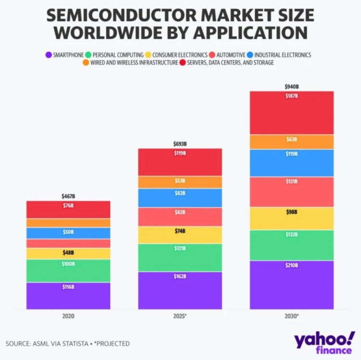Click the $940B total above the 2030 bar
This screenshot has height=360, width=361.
point(291,87)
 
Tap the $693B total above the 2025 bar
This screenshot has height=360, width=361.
point(180,144)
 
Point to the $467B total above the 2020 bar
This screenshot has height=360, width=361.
point(68,197)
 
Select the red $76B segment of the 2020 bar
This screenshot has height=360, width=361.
point(68,210)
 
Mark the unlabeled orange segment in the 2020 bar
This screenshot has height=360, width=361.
point(68,223)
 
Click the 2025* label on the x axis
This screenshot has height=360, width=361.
point(180,317)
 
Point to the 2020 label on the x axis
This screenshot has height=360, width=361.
point(68,317)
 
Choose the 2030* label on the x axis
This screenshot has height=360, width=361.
point(291,317)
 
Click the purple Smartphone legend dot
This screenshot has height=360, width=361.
point(48,55)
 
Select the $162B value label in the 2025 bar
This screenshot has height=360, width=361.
point(180,276)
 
